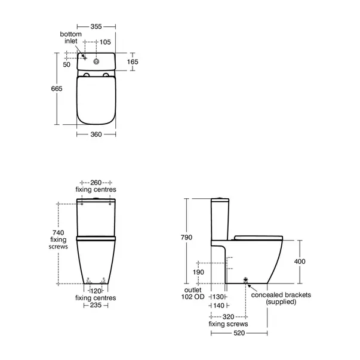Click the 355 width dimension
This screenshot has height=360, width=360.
coord(96,26)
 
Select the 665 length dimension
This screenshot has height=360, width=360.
coord(57,88)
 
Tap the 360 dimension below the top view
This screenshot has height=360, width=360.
coord(96,134)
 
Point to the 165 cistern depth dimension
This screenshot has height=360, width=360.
coord(133,61)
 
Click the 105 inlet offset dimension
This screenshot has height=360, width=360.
coord(105,42)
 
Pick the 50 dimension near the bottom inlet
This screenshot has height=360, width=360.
coord(67,64)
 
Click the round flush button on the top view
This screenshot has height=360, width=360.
coord(96,61)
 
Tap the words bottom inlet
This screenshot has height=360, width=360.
coord(70,38)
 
